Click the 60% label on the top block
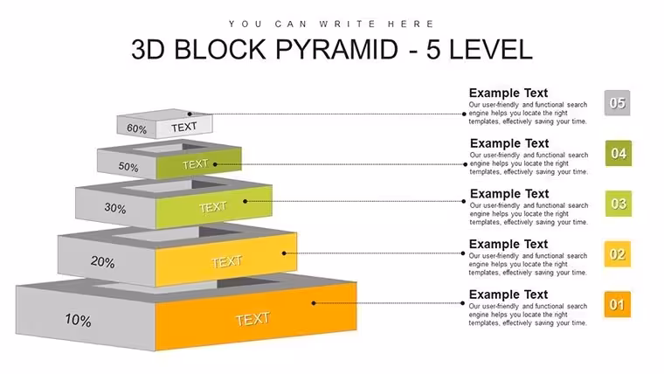coord(136,128)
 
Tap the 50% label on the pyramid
coord(128,167)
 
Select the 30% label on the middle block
coord(115,208)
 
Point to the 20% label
coord(102,262)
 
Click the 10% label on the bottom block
coord(78,320)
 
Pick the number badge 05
coord(617,103)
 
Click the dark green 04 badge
coord(619,153)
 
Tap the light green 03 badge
coord(619,204)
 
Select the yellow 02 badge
coord(618,254)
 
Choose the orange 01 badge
coord(618,305)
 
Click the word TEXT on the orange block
coord(252,319)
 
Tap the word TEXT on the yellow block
coord(227,262)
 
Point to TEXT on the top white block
coord(184,127)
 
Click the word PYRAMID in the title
coord(336,50)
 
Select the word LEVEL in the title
coord(490,50)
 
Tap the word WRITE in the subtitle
coord(347,24)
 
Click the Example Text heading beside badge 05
coord(508,93)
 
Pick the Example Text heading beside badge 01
coord(508,294)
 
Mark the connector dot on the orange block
coord(314,303)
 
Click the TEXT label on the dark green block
coord(195,164)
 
